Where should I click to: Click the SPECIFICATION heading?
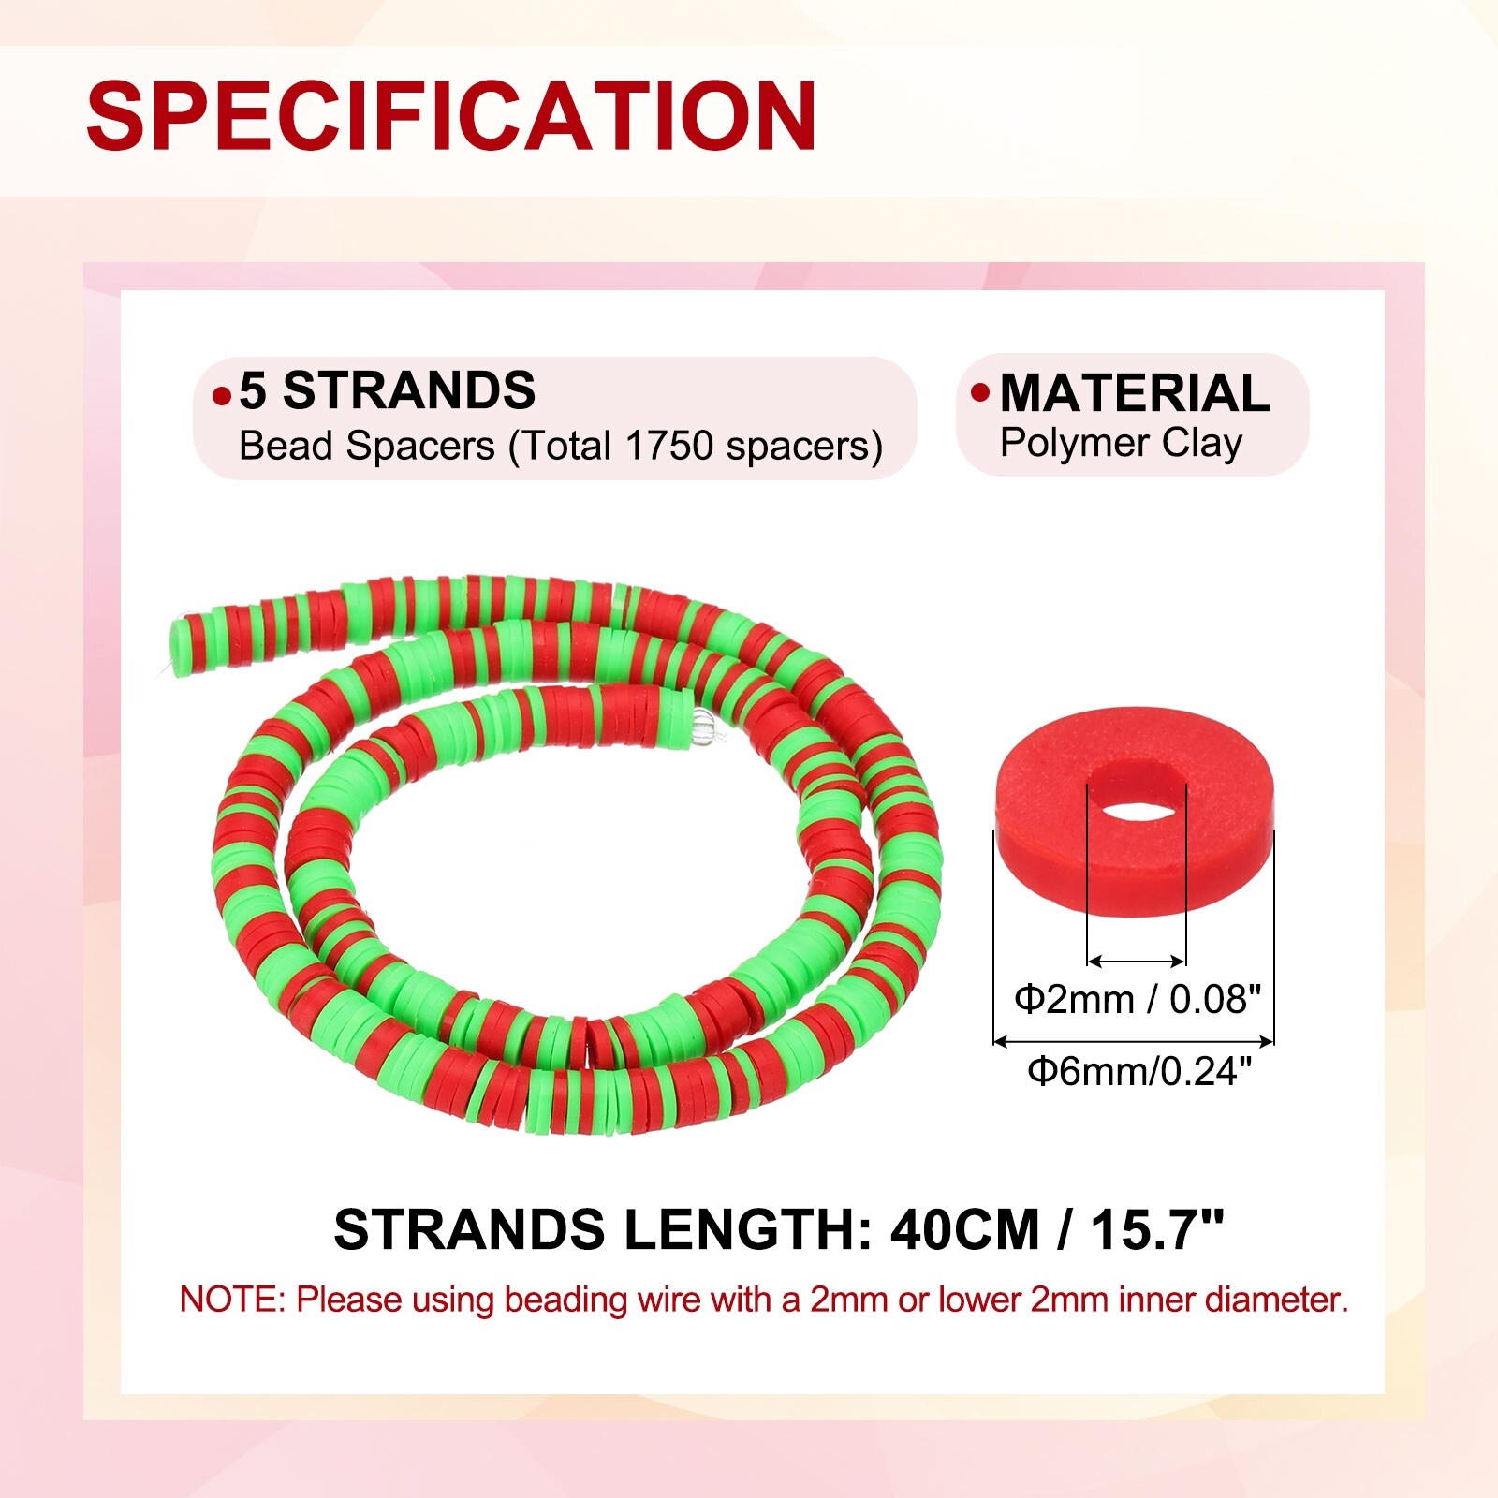point(452,115)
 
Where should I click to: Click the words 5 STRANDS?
point(388,390)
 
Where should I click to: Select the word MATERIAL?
point(1135,392)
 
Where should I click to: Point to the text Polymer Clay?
point(1121,443)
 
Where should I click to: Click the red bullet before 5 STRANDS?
point(222,396)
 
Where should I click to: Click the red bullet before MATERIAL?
point(980,392)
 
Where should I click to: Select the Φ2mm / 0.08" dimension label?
point(1138,1000)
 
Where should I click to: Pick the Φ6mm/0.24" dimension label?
point(1139,1070)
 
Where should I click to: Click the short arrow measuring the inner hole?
point(1137,961)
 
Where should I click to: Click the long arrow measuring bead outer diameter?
point(1133,1040)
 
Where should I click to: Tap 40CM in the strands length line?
point(964,1229)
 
